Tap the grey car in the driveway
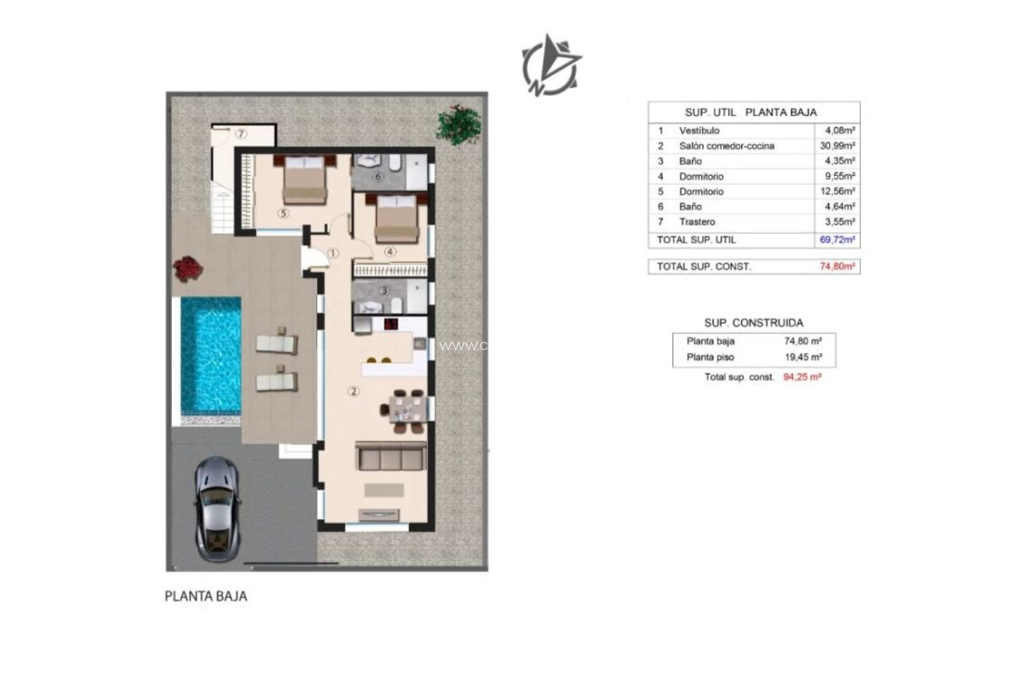coord(216,509)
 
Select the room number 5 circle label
coord(283,213)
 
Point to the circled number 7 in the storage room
coord(241,134)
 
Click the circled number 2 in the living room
coord(353,391)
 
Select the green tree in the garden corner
coord(458,125)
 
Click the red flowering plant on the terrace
coord(187,268)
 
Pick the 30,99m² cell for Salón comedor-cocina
coord(837,145)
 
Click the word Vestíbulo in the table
coord(699,130)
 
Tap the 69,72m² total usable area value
coord(837,239)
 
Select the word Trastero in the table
coord(697,222)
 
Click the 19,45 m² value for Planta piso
coord(803,357)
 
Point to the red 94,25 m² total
coord(802,377)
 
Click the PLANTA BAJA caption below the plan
coord(206,596)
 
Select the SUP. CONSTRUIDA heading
coord(754,323)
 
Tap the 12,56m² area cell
coord(837,191)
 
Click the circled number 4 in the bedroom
coord(390,252)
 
